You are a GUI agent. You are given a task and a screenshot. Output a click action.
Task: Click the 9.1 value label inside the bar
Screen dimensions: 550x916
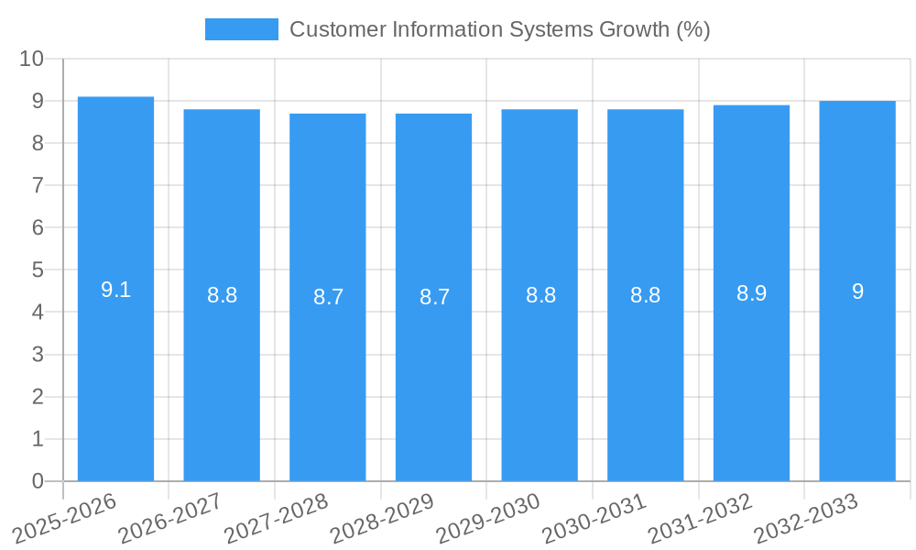click(x=115, y=291)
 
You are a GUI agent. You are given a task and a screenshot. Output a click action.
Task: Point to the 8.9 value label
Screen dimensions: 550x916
click(x=751, y=293)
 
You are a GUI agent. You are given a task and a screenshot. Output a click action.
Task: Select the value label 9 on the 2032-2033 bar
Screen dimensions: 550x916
click(x=857, y=291)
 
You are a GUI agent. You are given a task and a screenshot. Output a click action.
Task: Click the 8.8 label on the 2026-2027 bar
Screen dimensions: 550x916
click(x=222, y=295)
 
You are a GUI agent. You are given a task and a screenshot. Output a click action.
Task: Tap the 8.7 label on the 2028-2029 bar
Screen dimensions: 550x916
click(x=434, y=297)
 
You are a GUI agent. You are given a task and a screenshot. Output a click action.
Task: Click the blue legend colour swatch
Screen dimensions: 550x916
click(x=241, y=29)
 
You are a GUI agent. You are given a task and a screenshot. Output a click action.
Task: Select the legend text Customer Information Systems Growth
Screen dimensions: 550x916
click(x=499, y=29)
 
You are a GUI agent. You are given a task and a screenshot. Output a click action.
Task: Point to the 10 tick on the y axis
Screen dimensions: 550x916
click(x=31, y=59)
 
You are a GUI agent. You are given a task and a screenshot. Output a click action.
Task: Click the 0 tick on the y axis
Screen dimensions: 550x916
click(x=38, y=481)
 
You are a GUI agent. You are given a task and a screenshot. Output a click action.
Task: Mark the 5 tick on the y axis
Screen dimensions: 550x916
click(x=38, y=270)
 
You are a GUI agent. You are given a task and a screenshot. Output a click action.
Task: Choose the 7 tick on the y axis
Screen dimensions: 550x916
click(x=38, y=185)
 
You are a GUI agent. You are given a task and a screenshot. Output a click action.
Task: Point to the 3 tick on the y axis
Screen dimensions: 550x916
click(x=38, y=355)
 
